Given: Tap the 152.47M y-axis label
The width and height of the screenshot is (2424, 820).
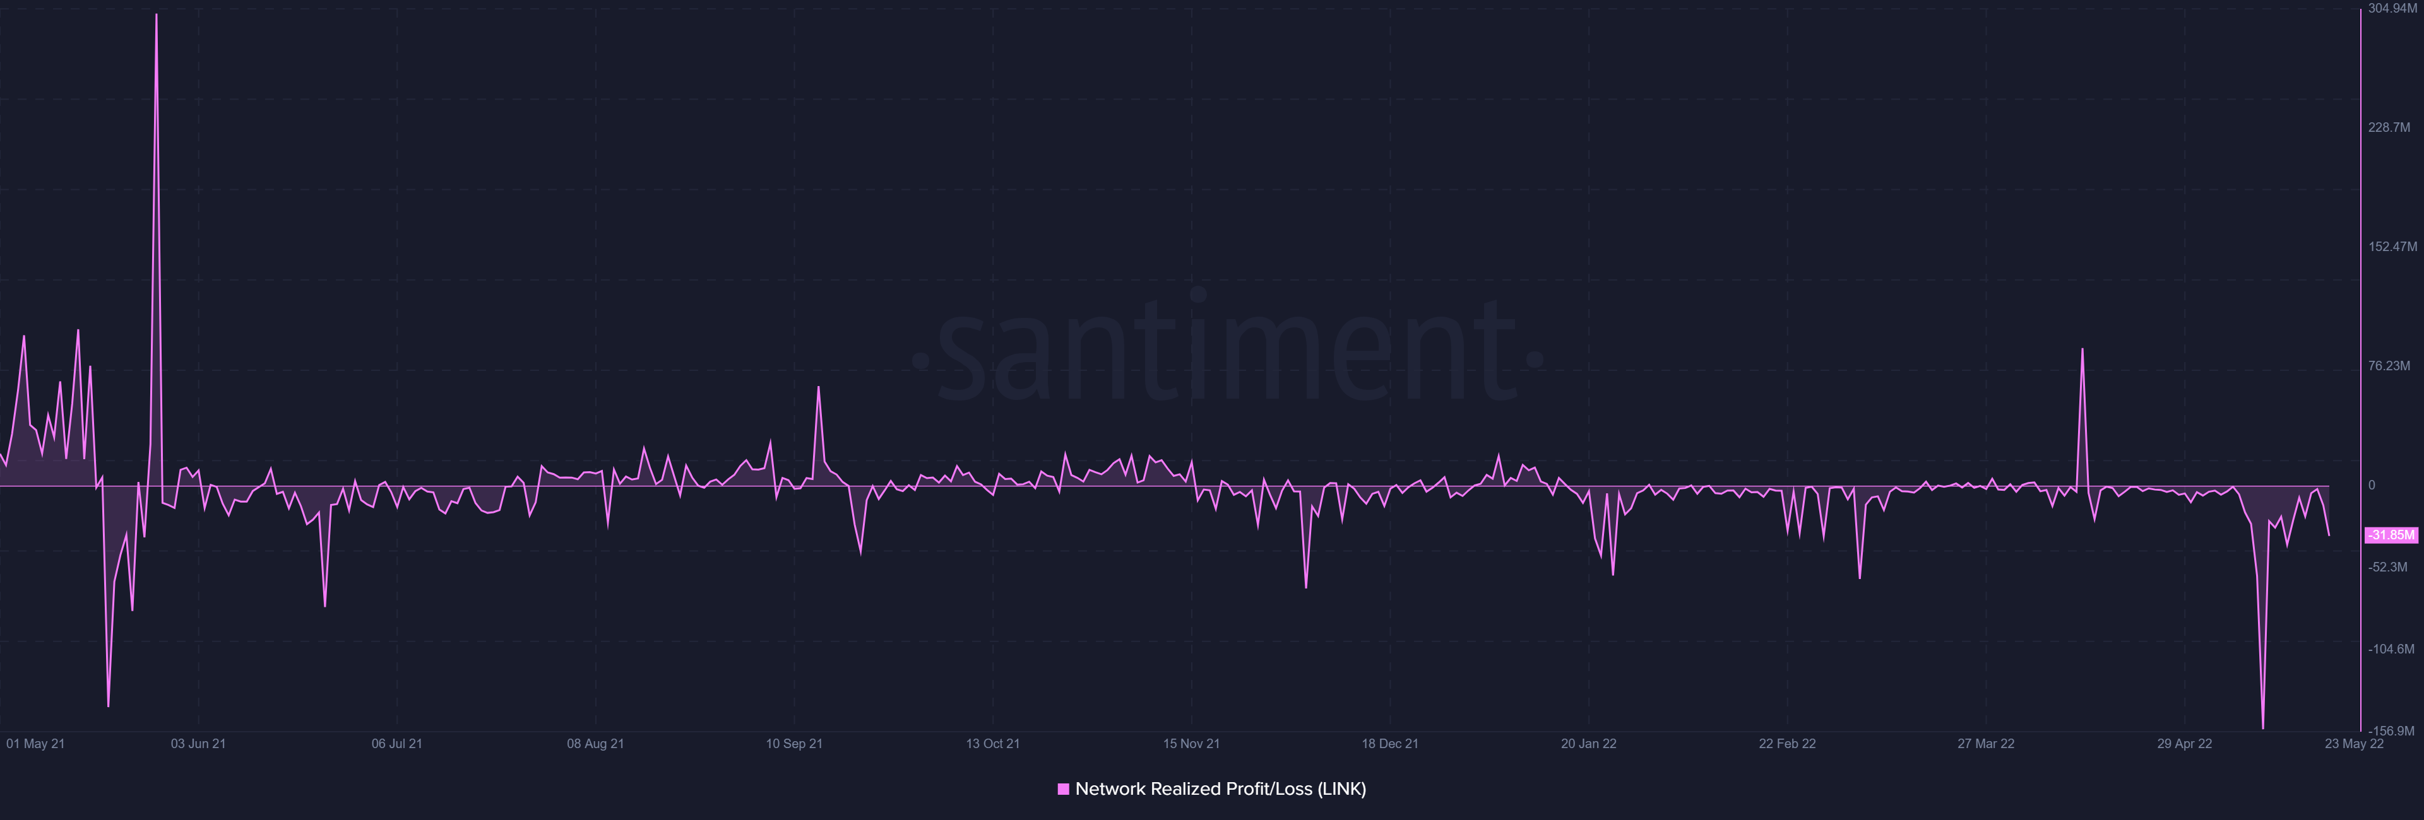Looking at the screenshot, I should click(x=2392, y=247).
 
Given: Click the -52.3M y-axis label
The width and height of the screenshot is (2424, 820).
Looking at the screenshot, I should click(x=2387, y=567).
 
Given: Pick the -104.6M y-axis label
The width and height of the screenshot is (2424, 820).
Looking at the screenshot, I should click(x=2390, y=649).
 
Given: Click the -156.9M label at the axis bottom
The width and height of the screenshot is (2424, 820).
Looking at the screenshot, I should click(x=2390, y=730).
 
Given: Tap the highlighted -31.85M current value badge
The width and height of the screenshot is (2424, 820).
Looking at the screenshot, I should click(x=2390, y=535).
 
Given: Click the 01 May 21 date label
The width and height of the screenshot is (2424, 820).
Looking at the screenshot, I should click(x=36, y=744).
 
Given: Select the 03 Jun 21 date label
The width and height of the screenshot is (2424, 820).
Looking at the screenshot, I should click(x=198, y=744).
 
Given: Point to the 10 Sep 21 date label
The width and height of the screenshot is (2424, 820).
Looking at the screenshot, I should click(x=793, y=744).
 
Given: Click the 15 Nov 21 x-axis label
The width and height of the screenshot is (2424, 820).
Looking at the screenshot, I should click(x=1191, y=744).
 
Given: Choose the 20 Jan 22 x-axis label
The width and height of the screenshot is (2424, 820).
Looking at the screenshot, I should click(x=1588, y=744).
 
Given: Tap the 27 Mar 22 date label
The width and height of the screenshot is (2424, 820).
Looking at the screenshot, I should click(x=1985, y=744).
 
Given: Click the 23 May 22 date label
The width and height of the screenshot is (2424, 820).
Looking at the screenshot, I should click(x=2353, y=744).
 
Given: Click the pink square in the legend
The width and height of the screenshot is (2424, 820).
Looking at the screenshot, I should click(x=1063, y=789).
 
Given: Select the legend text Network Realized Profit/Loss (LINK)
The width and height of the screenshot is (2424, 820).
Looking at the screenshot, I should click(x=1220, y=789).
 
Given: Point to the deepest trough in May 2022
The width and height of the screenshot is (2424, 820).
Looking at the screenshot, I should click(x=2263, y=727).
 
